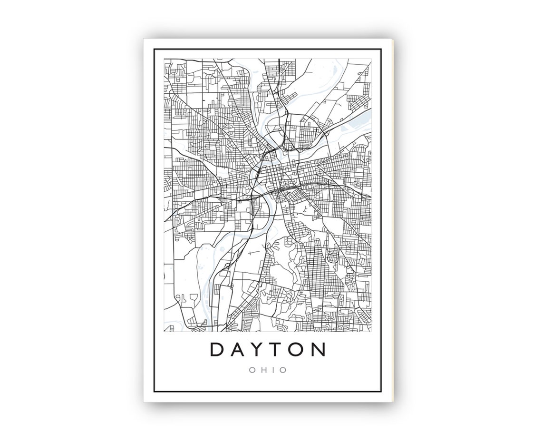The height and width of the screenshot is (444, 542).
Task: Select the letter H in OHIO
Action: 262,370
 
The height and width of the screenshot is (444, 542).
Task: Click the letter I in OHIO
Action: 272,370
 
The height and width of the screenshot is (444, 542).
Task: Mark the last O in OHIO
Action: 283,370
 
